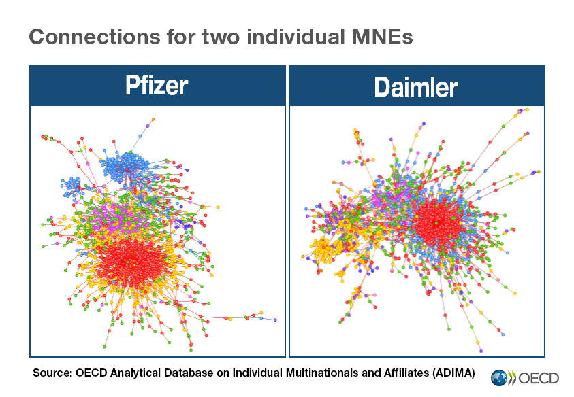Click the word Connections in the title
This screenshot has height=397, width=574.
95,37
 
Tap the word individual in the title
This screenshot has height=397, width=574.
296,37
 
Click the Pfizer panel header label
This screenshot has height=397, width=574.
157,86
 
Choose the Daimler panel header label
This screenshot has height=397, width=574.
416,88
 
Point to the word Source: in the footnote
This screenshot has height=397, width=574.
52,373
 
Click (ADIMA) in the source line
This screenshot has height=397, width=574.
453,373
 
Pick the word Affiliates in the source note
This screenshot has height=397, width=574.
406,373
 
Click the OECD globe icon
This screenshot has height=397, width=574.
499,378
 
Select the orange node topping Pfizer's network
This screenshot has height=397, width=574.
154,119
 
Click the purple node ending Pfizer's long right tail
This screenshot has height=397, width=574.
275,320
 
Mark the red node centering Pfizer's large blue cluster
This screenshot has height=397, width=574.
127,169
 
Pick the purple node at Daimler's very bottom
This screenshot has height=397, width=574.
481,351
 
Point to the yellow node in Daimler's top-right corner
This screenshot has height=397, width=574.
528,109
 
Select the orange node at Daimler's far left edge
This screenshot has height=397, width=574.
303,256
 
